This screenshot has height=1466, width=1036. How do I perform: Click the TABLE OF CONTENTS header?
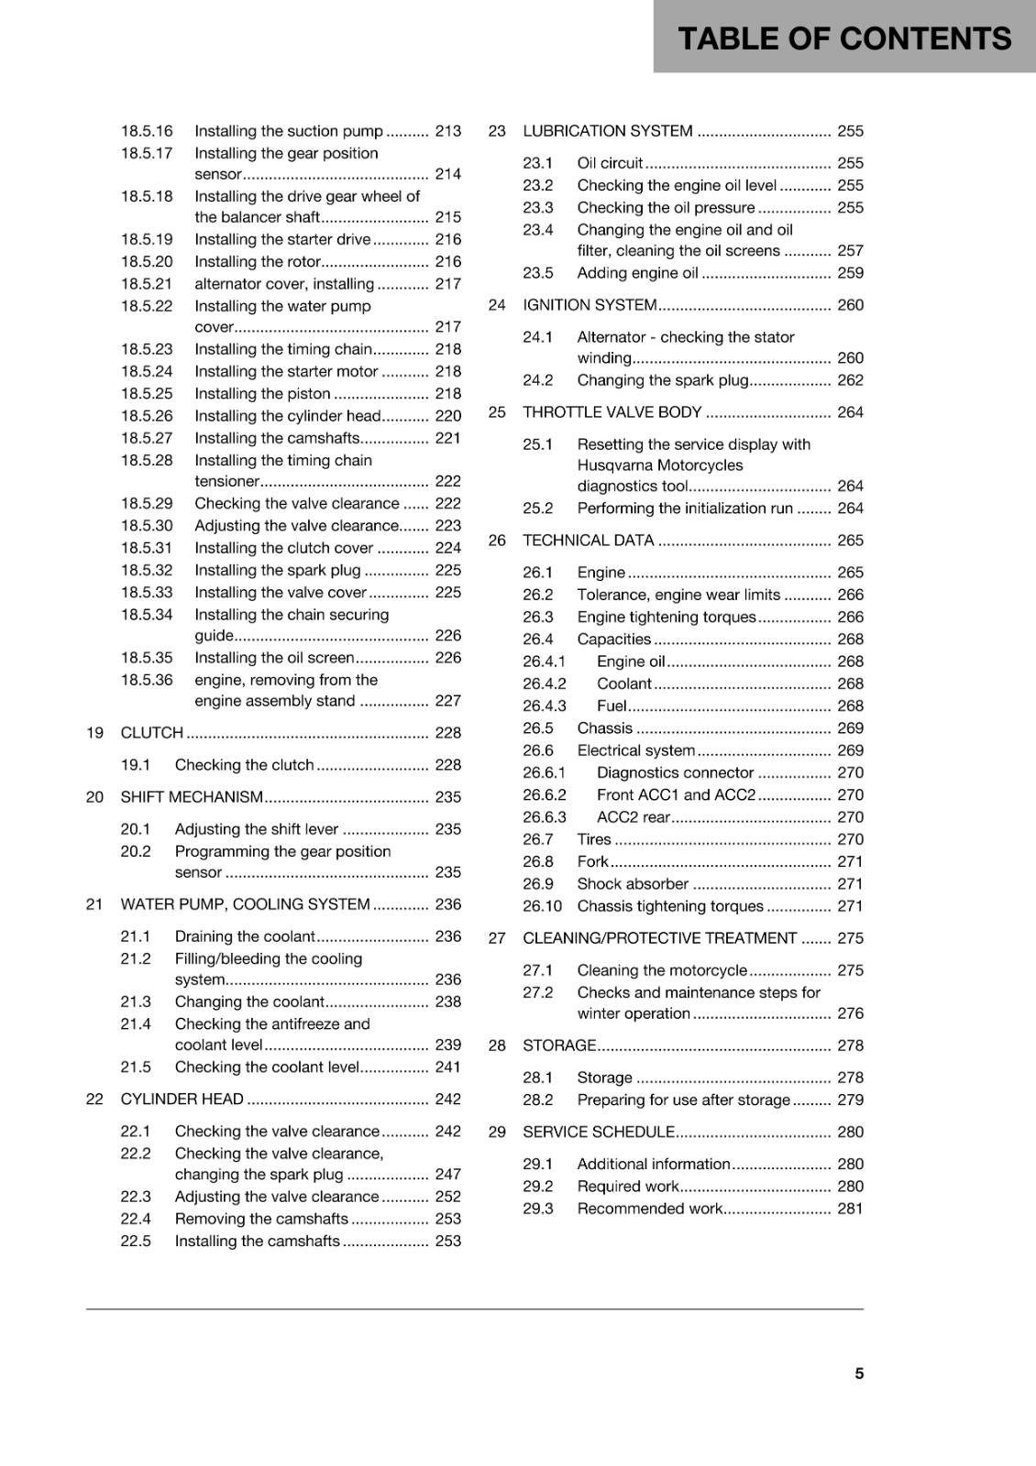pyautogui.click(x=843, y=38)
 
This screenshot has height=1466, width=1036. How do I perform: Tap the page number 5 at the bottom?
pyautogui.click(x=859, y=1373)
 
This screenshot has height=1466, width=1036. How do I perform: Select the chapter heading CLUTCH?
pyautogui.click(x=152, y=733)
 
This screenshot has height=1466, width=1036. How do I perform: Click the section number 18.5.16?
pyautogui.click(x=147, y=131)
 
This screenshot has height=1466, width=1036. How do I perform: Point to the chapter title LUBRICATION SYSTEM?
pyautogui.click(x=607, y=131)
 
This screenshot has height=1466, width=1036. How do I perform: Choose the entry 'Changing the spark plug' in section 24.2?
pyautogui.click(x=663, y=380)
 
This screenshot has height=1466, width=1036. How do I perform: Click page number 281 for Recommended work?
pyautogui.click(x=850, y=1209)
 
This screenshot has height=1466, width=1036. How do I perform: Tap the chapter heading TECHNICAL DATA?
pyautogui.click(x=588, y=541)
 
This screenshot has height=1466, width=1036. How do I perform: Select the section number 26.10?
pyautogui.click(x=542, y=906)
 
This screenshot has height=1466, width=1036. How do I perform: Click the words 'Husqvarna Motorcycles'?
pyautogui.click(x=660, y=465)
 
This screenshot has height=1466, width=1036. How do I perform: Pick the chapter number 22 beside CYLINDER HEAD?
pyautogui.click(x=94, y=1099)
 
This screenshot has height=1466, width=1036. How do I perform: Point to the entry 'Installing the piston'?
pyautogui.click(x=262, y=394)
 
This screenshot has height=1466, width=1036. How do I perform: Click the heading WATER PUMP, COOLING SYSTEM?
pyautogui.click(x=245, y=904)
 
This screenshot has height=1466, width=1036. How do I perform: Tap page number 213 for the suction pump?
pyautogui.click(x=447, y=131)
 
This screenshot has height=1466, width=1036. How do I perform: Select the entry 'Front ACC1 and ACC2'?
pyautogui.click(x=676, y=795)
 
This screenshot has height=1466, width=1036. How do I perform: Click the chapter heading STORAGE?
pyautogui.click(x=559, y=1045)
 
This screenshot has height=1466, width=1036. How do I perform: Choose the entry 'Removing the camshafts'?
pyautogui.click(x=261, y=1219)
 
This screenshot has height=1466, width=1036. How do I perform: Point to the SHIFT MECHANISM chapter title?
pyautogui.click(x=192, y=797)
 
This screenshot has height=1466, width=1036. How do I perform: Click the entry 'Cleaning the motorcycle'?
pyautogui.click(x=662, y=970)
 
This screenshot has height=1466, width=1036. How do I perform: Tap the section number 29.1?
pyautogui.click(x=538, y=1164)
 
